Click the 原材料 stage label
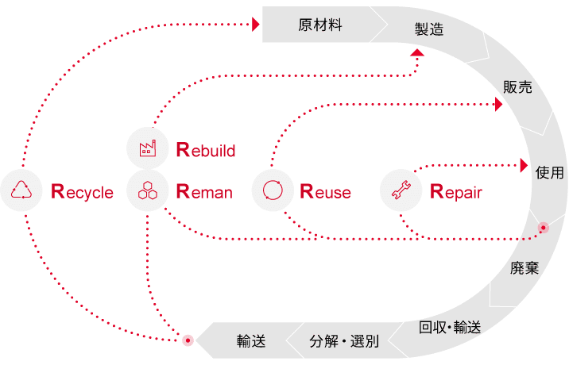click(320, 25)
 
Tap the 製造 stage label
click(429, 29)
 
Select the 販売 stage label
click(517, 87)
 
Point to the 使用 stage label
click(550, 172)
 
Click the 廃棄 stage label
click(524, 268)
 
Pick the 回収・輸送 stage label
click(450, 327)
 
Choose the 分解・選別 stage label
click(344, 341)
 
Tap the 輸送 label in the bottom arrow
click(251, 341)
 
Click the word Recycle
click(82, 192)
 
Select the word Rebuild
click(206, 150)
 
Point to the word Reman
click(204, 192)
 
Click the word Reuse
click(326, 192)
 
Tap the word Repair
click(456, 192)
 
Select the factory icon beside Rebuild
click(148, 148)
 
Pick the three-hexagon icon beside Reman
click(148, 190)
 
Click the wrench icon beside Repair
click(401, 190)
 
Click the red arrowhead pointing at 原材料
click(256, 25)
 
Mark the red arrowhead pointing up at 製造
click(417, 52)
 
